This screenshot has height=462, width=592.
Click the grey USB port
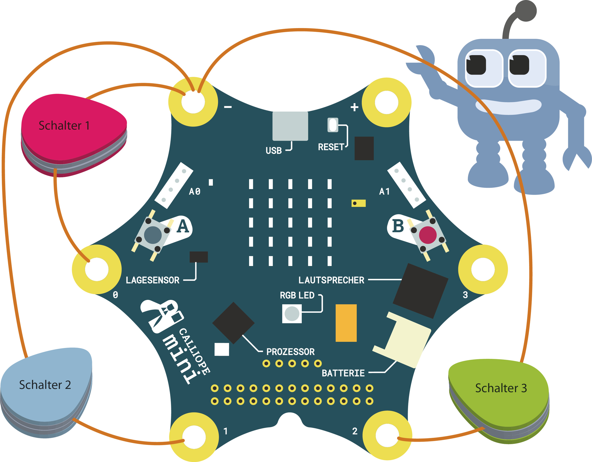290,126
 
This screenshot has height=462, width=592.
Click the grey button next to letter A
153,235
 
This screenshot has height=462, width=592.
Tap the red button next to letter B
428,235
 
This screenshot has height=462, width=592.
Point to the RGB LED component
292,314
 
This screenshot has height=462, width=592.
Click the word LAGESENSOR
152,280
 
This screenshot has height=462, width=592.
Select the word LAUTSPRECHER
331,280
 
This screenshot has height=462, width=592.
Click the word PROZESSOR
290,352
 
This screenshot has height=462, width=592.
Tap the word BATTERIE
343,373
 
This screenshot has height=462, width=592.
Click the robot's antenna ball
526,11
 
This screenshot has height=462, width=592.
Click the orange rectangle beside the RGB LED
346,323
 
